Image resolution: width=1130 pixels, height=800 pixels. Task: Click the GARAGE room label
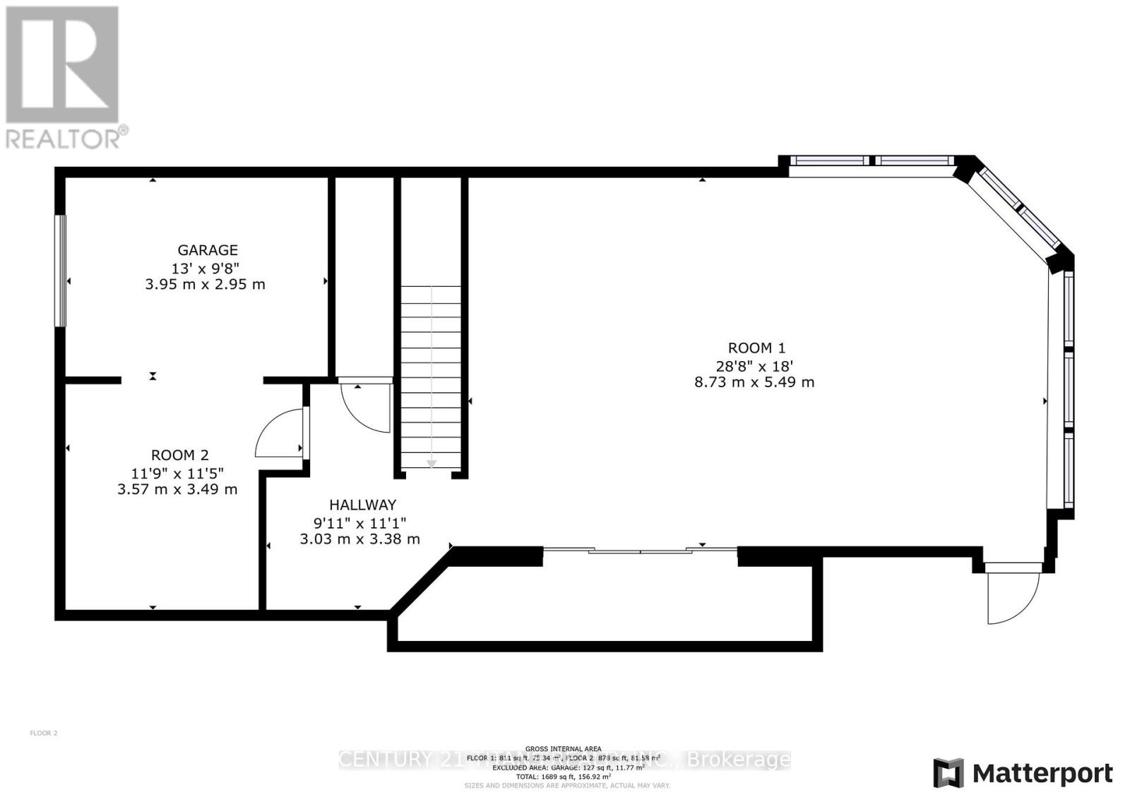point(207,250)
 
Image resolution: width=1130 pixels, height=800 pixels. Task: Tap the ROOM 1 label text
point(756,348)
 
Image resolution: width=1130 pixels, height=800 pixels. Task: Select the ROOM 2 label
point(179,456)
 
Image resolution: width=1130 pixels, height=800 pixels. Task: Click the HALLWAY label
point(362,505)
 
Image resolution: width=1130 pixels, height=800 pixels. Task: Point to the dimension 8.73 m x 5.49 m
point(754,382)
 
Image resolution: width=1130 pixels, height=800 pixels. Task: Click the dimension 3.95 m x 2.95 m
point(205,285)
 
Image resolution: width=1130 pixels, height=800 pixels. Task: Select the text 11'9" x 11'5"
point(177,473)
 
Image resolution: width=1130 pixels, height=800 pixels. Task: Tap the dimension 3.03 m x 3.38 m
point(359,539)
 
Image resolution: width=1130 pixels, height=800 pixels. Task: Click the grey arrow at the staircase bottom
point(431,463)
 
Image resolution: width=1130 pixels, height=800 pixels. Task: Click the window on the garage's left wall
point(61,271)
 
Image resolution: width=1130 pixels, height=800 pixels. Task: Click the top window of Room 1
point(871,161)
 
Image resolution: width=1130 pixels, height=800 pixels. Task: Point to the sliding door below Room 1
point(640,550)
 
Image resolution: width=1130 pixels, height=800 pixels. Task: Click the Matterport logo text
point(1042,774)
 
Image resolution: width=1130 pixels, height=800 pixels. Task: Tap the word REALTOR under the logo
point(64,139)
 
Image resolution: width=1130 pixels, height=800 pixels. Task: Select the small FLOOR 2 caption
point(44,733)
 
